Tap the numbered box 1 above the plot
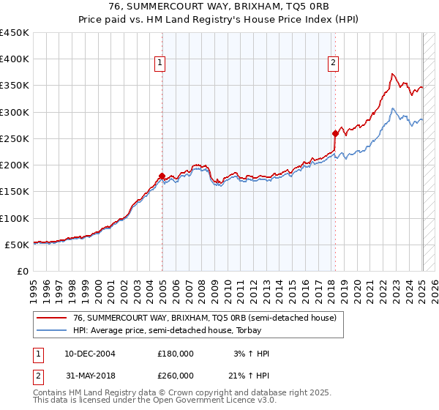pos(160,64)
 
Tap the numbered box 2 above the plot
pos(333,64)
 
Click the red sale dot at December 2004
pos(162,176)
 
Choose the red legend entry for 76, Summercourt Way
pos(205,318)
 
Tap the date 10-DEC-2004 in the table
pos(90,354)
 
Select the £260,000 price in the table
pos(176,376)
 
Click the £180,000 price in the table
pos(176,354)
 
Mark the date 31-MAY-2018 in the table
pos(90,376)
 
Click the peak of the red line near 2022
pos(393,74)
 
